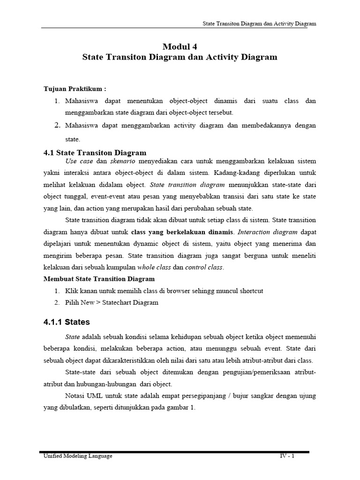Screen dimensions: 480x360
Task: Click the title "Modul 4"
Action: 180,46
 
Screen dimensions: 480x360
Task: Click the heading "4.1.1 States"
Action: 67,322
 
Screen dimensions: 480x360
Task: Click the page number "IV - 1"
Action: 284,456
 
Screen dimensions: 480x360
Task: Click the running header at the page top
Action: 259,23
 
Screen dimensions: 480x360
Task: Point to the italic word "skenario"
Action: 122,161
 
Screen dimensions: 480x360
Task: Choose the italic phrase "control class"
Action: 204,267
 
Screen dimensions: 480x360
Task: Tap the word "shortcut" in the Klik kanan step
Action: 248,291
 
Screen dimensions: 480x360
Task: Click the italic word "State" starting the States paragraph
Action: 73,337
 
